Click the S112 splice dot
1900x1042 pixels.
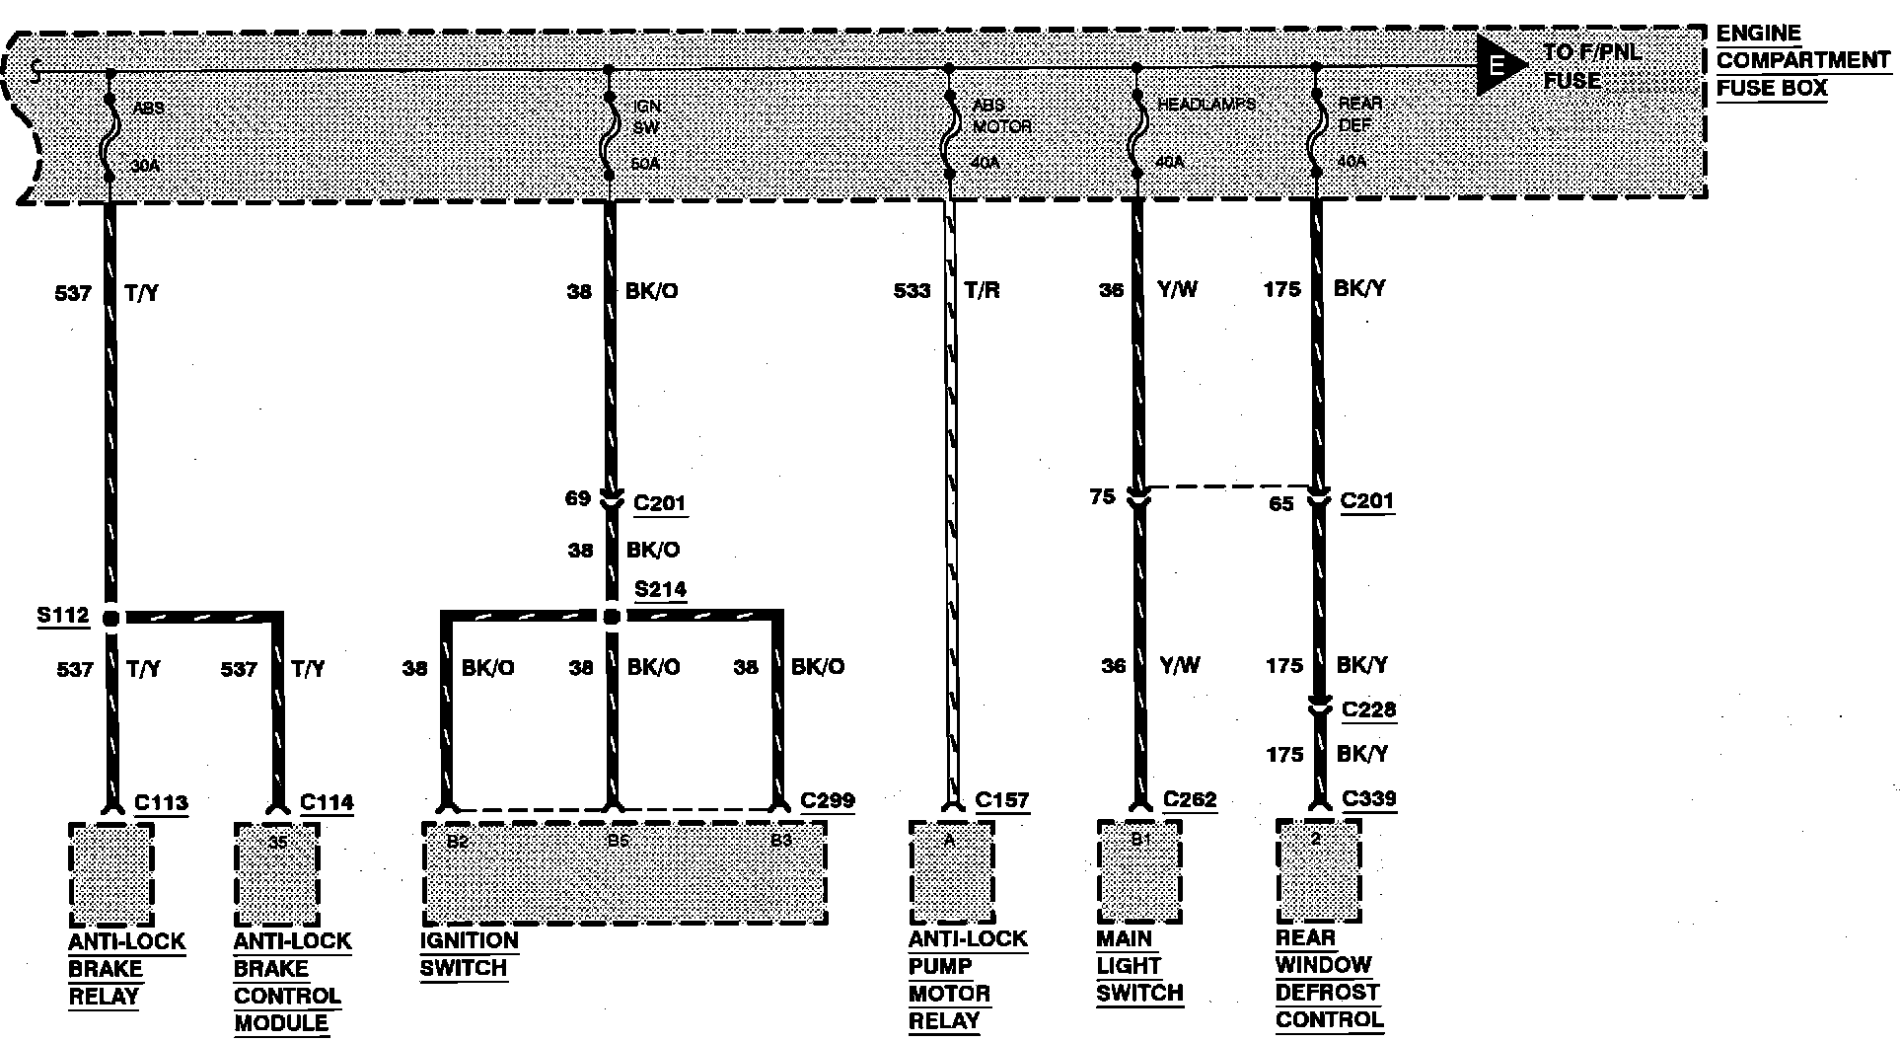[x=111, y=618]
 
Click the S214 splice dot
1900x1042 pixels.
[x=612, y=617]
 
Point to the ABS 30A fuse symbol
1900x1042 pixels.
[x=110, y=126]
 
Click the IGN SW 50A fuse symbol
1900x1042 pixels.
[x=610, y=125]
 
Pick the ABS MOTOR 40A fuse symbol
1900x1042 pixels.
[x=949, y=126]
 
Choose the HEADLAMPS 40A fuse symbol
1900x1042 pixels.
[x=1136, y=125]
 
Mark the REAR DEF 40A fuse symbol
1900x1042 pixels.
[x=1316, y=125]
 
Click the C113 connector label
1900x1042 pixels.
[x=161, y=802]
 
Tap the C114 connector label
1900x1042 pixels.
[x=327, y=802]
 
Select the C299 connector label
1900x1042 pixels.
[x=827, y=800]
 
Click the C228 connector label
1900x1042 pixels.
[x=1368, y=709]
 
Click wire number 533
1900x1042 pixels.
[x=912, y=290]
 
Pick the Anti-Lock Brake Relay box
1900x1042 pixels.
[x=111, y=874]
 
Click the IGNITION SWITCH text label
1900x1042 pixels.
[x=469, y=954]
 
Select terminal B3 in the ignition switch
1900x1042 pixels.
[x=780, y=841]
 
